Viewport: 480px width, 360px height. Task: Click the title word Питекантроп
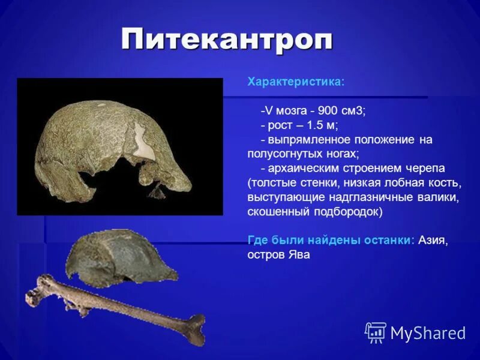[226, 40]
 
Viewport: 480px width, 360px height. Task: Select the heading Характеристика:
[296, 82]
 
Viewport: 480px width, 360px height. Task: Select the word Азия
[432, 240]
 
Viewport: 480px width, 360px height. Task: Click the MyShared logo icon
[376, 332]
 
